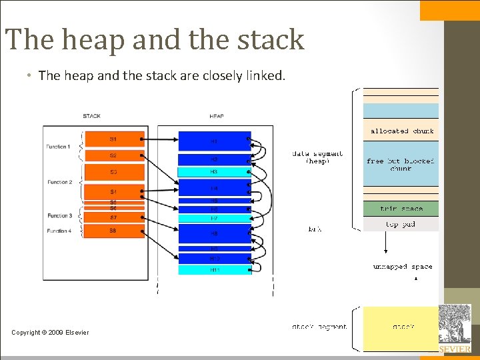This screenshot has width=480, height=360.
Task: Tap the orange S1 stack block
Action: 113,139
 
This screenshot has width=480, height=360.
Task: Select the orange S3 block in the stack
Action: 113,172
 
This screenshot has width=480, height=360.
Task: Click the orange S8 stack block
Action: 113,231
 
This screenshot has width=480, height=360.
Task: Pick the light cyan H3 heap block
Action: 215,172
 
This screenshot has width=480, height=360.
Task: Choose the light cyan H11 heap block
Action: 215,269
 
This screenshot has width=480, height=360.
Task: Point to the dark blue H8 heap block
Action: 215,233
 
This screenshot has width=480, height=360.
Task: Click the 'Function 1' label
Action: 59,146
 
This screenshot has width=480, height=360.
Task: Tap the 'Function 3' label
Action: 59,215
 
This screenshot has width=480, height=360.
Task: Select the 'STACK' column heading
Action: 92,116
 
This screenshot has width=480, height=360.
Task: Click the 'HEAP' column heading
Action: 217,116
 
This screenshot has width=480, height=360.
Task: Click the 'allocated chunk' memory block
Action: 401,131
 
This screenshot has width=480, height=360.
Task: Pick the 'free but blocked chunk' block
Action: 401,165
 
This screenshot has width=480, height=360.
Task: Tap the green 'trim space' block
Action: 401,209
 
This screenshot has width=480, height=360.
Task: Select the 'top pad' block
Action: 401,224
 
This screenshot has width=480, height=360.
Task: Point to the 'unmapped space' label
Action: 402,267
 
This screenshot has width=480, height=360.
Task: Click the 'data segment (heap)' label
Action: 317,157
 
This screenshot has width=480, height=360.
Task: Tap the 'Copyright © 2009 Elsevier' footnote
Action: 50,333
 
